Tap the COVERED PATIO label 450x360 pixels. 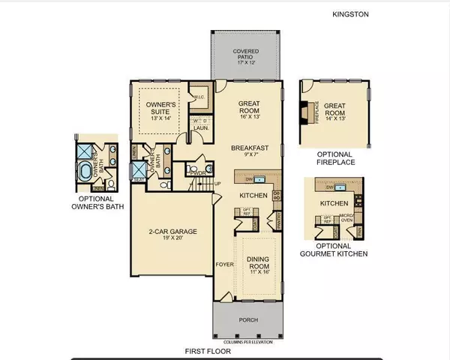point(247,56)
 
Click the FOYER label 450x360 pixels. point(223,265)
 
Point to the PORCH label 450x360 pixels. point(247,320)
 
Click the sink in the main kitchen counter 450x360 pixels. point(259,180)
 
